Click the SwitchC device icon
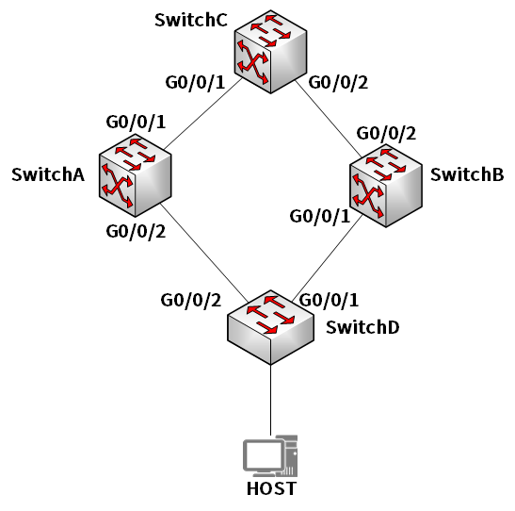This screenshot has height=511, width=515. (270, 52)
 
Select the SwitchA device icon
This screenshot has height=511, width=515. (135, 175)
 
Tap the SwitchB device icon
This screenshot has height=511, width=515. (386, 186)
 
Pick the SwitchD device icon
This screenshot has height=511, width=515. (270, 327)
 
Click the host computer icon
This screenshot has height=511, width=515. (270, 455)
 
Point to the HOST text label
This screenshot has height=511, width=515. (271, 488)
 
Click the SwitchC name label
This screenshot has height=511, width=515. (191, 20)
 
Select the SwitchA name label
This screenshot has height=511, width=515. (48, 174)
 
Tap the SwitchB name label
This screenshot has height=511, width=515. (467, 174)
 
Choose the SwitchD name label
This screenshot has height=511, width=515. (362, 327)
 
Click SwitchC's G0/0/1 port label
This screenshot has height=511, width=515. (195, 83)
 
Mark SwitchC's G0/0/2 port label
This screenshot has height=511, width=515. (338, 83)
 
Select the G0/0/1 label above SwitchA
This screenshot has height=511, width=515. (136, 123)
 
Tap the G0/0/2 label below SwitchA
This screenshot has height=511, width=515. (136, 232)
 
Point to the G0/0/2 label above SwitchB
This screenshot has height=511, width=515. (386, 134)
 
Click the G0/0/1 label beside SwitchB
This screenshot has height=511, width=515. (319, 217)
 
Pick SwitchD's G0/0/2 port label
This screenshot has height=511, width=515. (191, 300)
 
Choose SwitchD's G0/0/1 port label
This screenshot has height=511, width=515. (329, 300)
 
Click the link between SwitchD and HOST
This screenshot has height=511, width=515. (270, 400)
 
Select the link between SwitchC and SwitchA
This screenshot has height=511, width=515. (203, 113)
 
